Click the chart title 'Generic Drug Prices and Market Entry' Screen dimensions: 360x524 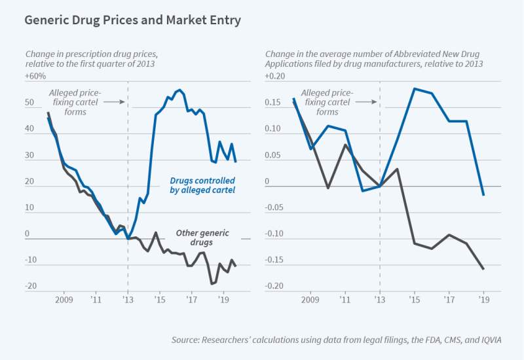(132, 21)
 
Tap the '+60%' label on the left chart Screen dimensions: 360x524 (35, 77)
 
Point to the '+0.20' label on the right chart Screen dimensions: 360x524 (276, 77)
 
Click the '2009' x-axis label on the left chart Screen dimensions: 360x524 (64, 300)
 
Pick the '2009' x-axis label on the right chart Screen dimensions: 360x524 (309, 300)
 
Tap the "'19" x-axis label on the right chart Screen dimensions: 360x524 (483, 300)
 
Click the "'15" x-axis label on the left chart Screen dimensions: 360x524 (159, 300)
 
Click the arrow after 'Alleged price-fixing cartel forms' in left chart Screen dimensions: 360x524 (114, 102)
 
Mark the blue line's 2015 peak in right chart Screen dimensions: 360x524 (415, 88)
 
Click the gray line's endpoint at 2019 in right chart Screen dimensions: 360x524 (483, 269)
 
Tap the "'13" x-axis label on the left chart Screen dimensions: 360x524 (128, 300)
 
